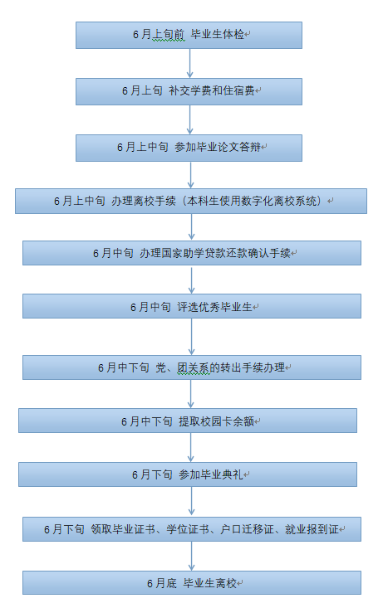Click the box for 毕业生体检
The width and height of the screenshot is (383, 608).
[189, 36]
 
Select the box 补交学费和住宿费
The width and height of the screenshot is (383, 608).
[189, 91]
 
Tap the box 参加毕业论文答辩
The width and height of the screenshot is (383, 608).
[189, 148]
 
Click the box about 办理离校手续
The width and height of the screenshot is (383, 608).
[191, 201]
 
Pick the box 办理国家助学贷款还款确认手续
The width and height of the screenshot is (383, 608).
[192, 253]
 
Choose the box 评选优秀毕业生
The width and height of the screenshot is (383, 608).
[192, 306]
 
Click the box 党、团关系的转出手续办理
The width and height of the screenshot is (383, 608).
[192, 367]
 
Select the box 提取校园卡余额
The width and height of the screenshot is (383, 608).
[188, 421]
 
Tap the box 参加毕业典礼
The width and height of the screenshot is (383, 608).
[188, 474]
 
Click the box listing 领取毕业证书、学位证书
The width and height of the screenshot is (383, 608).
[192, 529]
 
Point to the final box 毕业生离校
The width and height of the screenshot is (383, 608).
[192, 582]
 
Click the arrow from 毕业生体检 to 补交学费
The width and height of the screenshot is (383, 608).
[190, 64]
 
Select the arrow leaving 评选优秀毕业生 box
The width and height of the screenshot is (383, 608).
[191, 337]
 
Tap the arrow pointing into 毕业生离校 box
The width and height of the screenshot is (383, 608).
[191, 556]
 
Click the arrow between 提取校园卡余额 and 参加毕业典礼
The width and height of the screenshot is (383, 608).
[191, 447]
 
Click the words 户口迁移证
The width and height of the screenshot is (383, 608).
[247, 529]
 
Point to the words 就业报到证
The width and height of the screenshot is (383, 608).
[312, 529]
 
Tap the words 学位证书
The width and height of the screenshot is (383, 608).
[188, 529]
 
